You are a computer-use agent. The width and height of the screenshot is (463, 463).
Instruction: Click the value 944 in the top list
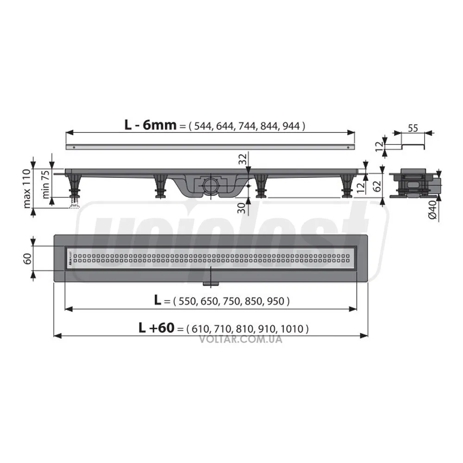[x=292, y=125]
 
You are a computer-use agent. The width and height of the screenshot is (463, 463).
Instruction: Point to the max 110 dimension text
[x=27, y=189]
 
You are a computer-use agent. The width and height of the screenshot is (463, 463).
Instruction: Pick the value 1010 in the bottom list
[x=294, y=329]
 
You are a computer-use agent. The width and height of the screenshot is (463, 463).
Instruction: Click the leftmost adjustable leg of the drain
[x=74, y=185]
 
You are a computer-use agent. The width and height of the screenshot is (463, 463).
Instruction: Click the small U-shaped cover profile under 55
[x=412, y=146]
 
